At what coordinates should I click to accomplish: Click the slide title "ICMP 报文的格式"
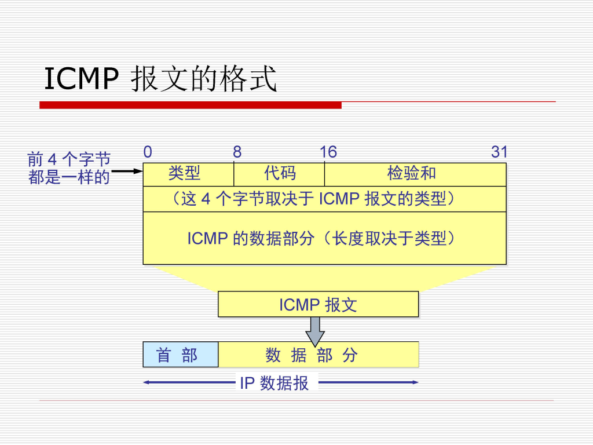click(160, 79)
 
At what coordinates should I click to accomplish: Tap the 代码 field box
click(279, 174)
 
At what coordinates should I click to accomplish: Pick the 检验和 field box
click(412, 174)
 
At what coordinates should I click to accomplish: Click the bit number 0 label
click(148, 152)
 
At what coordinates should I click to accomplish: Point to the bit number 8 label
click(237, 152)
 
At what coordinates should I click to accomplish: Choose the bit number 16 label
click(328, 152)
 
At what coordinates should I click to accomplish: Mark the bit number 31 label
click(499, 152)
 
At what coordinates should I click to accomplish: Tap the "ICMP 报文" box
click(318, 304)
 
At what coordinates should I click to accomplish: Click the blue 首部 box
click(180, 355)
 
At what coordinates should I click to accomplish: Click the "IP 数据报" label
click(274, 383)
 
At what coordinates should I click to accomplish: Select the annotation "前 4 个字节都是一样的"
click(69, 168)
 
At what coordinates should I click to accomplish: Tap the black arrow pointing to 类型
click(127, 172)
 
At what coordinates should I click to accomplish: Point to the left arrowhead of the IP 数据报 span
click(147, 382)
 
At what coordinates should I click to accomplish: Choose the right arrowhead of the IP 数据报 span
click(415, 382)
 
